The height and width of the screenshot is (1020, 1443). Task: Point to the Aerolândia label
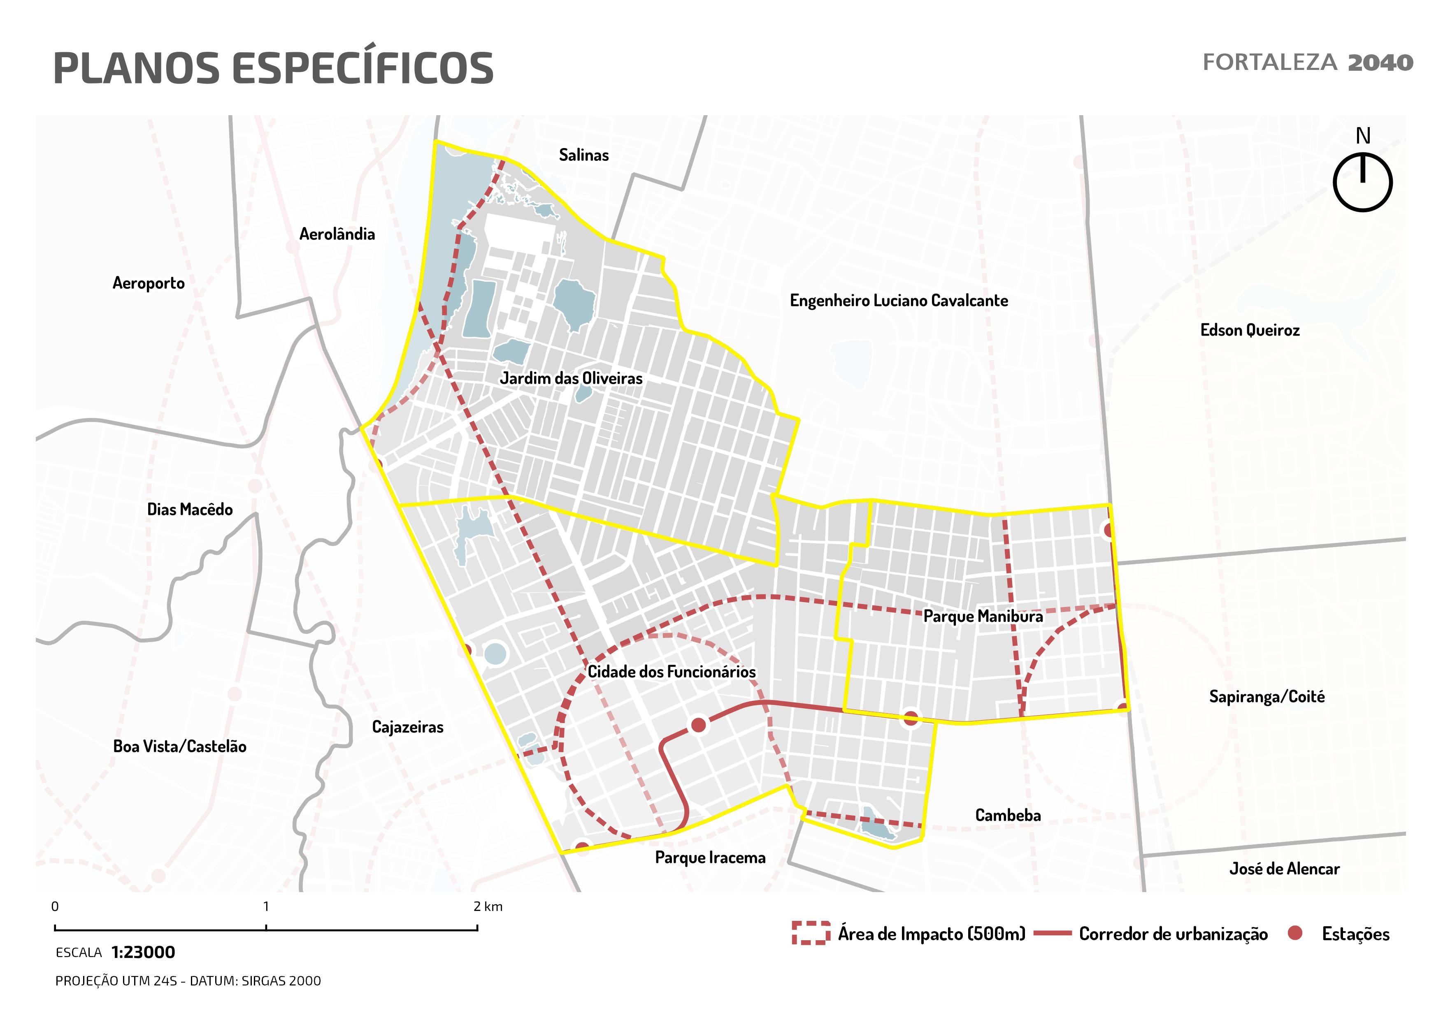tap(337, 234)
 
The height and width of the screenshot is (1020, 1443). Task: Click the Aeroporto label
tap(148, 283)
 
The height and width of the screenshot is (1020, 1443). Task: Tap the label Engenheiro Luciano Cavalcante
tap(899, 301)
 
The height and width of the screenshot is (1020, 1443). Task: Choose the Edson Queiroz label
tap(1250, 330)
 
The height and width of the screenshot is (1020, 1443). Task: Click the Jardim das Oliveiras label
tap(571, 378)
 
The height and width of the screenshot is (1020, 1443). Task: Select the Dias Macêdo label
tap(190, 509)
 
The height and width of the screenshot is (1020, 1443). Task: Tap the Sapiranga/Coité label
tap(1266, 697)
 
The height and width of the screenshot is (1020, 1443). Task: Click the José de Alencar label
tap(1284, 869)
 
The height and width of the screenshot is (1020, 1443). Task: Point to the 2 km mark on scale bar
tap(478, 927)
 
